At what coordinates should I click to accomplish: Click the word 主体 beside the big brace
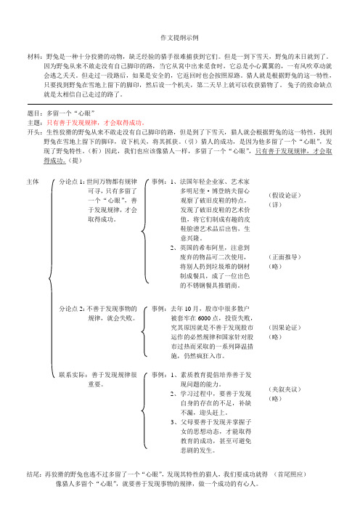click(x=33, y=179)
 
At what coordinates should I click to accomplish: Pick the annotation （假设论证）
click(x=286, y=196)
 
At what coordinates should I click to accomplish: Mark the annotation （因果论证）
click(x=286, y=349)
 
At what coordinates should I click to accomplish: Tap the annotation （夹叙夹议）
click(x=286, y=390)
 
